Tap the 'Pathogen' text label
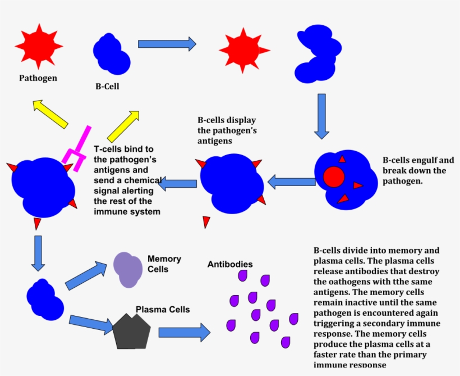pos(38,78)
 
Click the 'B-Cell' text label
pos(107,87)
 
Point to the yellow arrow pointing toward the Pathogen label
pos(50,114)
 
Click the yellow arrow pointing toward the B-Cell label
pos(123,126)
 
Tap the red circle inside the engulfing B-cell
pos(334,176)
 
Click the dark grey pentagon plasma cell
pos(133,330)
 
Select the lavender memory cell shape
pos(128,269)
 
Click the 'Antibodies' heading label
pos(230,264)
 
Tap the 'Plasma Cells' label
pos(163,310)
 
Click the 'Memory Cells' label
pos(164,264)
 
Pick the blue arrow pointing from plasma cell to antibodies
pos(184,332)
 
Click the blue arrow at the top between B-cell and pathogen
pos(167,43)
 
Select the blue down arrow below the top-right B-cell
pos(321,116)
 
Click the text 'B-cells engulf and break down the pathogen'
pos(418,171)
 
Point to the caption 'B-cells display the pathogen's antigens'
pos(227,130)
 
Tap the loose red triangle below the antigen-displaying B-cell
pos(206,221)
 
